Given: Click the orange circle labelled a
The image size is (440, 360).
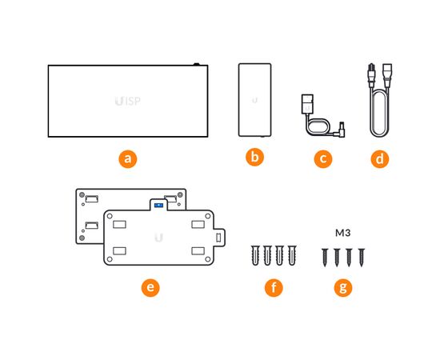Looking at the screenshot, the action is pyautogui.click(x=128, y=159).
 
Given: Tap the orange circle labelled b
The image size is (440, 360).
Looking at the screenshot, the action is pyautogui.click(x=254, y=157).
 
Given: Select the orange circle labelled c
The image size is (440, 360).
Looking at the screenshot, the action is pyautogui.click(x=323, y=159).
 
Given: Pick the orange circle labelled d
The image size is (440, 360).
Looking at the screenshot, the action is pyautogui.click(x=380, y=159).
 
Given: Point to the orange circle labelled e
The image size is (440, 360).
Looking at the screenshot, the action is pyautogui.click(x=150, y=287).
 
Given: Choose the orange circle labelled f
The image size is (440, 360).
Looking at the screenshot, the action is pyautogui.click(x=274, y=287).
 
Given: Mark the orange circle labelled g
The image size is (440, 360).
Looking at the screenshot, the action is pyautogui.click(x=343, y=287).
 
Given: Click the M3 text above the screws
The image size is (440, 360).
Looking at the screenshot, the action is pyautogui.click(x=343, y=233).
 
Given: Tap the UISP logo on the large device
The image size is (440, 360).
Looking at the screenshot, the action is pyautogui.click(x=128, y=101).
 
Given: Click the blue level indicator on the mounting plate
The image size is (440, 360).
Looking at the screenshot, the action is pyautogui.click(x=159, y=206).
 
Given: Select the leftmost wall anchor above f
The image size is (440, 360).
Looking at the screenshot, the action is pyautogui.click(x=255, y=255).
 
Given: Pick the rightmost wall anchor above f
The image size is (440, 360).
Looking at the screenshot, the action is pyautogui.click(x=292, y=255).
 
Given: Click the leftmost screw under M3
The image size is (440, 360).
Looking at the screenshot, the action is pyautogui.click(x=325, y=258).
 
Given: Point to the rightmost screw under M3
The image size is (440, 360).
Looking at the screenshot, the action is pyautogui.click(x=362, y=258).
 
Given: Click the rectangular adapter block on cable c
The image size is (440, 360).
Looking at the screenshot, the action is pyautogui.click(x=307, y=104).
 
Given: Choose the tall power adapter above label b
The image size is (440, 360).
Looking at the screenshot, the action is pyautogui.click(x=254, y=100).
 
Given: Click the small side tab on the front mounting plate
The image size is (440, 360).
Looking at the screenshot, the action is pyautogui.click(x=219, y=238).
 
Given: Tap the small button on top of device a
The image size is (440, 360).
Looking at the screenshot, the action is pyautogui.click(x=197, y=64).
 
